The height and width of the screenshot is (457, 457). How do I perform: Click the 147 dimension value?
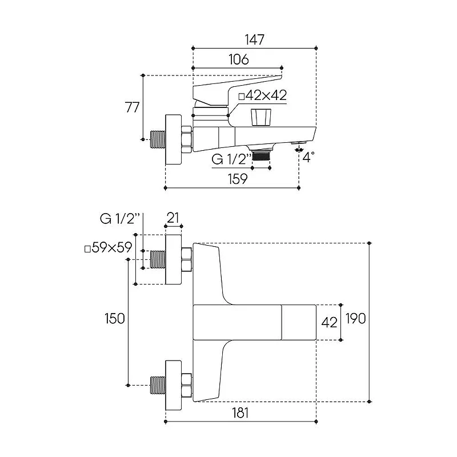coord(254,39)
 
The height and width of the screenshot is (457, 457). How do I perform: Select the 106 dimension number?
coord(239,59)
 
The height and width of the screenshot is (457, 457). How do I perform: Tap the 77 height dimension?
coord(133,107)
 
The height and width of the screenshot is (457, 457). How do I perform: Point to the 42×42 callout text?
coord(263,95)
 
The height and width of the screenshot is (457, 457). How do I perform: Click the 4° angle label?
coord(308,157)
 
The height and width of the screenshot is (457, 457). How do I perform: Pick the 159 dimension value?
coord(238,179)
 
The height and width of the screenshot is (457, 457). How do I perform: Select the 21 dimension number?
coord(173,218)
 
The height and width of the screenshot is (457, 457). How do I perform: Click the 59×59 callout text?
coord(109,248)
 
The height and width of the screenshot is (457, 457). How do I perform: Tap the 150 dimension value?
coord(115,318)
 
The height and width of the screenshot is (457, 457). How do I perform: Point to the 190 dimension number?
coord(355,318)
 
